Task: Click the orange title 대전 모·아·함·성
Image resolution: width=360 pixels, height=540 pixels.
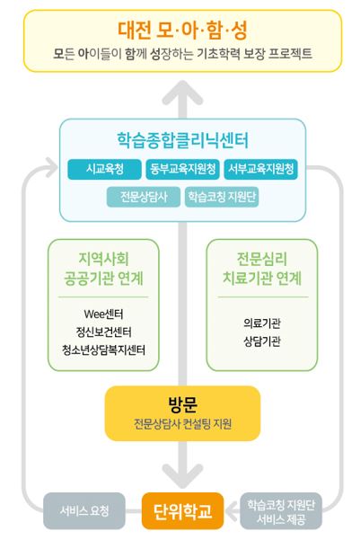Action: [182, 31]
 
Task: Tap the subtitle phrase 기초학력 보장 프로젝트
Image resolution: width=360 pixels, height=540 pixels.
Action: [254, 54]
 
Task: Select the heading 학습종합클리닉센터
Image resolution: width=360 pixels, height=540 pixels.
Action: [182, 140]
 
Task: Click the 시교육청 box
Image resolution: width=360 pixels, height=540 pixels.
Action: [104, 169]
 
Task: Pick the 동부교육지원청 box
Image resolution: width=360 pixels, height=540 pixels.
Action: [182, 169]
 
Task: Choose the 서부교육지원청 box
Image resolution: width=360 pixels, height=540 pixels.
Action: [260, 169]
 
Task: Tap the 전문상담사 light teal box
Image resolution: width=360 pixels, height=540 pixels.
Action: [143, 197]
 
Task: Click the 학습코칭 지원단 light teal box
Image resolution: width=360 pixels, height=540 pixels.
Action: [222, 197]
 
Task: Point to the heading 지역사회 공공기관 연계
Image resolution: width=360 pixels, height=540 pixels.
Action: [103, 269]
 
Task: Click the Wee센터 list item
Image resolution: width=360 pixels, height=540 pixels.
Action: [103, 314]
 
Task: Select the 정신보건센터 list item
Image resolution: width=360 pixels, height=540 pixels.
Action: [103, 332]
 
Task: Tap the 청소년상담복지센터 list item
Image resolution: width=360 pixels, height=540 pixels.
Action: [103, 350]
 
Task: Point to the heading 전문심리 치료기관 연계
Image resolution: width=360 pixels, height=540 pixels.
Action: [262, 269]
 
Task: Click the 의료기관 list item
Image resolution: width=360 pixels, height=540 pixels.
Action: [262, 323]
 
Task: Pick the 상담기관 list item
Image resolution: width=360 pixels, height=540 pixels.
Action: [262, 341]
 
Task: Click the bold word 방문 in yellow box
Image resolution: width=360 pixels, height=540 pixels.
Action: [182, 404]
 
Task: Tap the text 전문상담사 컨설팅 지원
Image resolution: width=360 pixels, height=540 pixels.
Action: [182, 424]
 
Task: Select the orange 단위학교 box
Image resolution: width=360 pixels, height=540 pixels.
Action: [182, 511]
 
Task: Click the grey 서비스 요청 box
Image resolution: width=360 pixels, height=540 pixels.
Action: [84, 511]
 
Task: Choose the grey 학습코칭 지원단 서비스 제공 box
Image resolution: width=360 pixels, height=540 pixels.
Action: [281, 511]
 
